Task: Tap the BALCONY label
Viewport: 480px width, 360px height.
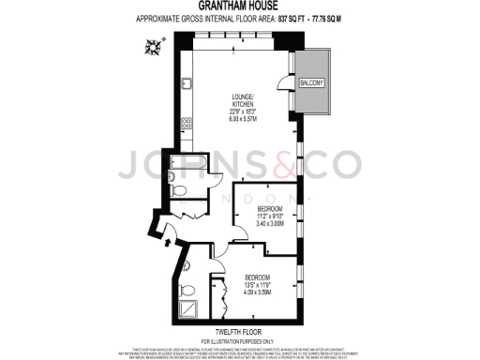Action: coord(311,83)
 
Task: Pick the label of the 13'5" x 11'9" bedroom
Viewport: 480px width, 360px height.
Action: coord(257,278)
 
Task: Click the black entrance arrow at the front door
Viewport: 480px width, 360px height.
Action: coord(166,243)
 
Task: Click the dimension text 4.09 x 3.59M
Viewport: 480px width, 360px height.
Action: coord(257,293)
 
